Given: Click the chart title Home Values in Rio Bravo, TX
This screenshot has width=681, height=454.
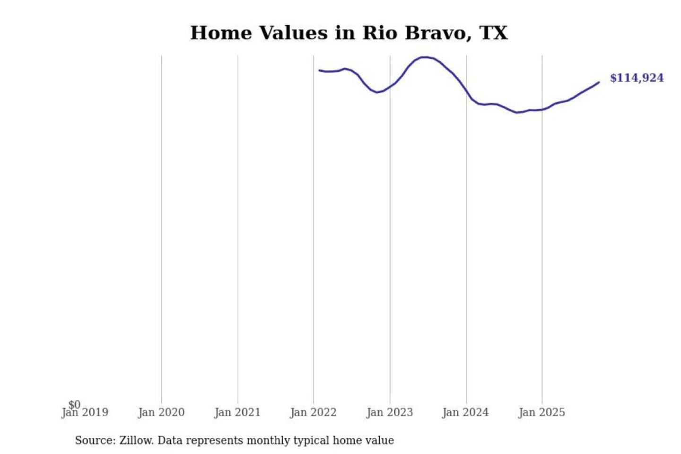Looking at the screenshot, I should (349, 33).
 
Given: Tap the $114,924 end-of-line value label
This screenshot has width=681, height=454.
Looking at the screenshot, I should (637, 78).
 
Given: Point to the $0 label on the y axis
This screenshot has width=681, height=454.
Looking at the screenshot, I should (75, 404).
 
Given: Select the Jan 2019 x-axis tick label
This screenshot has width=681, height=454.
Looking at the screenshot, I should (85, 413).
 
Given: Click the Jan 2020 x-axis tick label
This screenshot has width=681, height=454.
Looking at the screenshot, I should (161, 413).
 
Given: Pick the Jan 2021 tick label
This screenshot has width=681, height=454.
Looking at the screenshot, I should (237, 413).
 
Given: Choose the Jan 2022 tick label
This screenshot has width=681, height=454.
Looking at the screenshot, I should (313, 413).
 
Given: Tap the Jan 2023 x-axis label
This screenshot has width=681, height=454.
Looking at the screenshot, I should (390, 413).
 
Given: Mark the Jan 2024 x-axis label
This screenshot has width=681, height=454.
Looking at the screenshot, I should (465, 413).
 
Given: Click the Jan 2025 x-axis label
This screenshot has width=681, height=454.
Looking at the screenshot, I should (541, 413).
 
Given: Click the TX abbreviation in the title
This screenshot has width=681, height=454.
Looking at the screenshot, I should (493, 33).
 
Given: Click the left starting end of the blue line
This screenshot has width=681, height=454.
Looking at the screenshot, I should (319, 70).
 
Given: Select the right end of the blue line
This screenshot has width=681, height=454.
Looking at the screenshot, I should (599, 82).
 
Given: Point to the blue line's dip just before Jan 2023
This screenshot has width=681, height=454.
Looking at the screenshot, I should (377, 92).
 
